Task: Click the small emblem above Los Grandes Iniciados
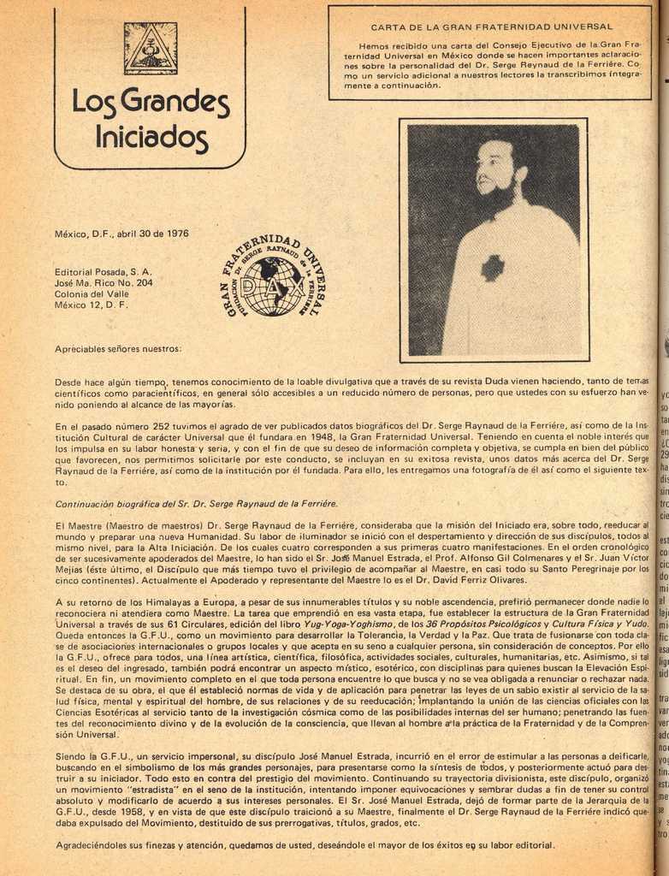[151, 47]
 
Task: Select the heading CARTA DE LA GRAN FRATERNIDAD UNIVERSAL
[492, 27]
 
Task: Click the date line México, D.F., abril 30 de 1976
[121, 233]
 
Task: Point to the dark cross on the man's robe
[493, 267]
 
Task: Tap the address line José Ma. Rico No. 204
[104, 282]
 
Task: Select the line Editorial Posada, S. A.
[104, 271]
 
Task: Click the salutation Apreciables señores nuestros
[118, 349]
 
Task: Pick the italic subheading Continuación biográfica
[196, 503]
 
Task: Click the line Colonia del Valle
[92, 293]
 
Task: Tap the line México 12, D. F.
[92, 305]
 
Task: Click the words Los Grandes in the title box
[151, 102]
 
